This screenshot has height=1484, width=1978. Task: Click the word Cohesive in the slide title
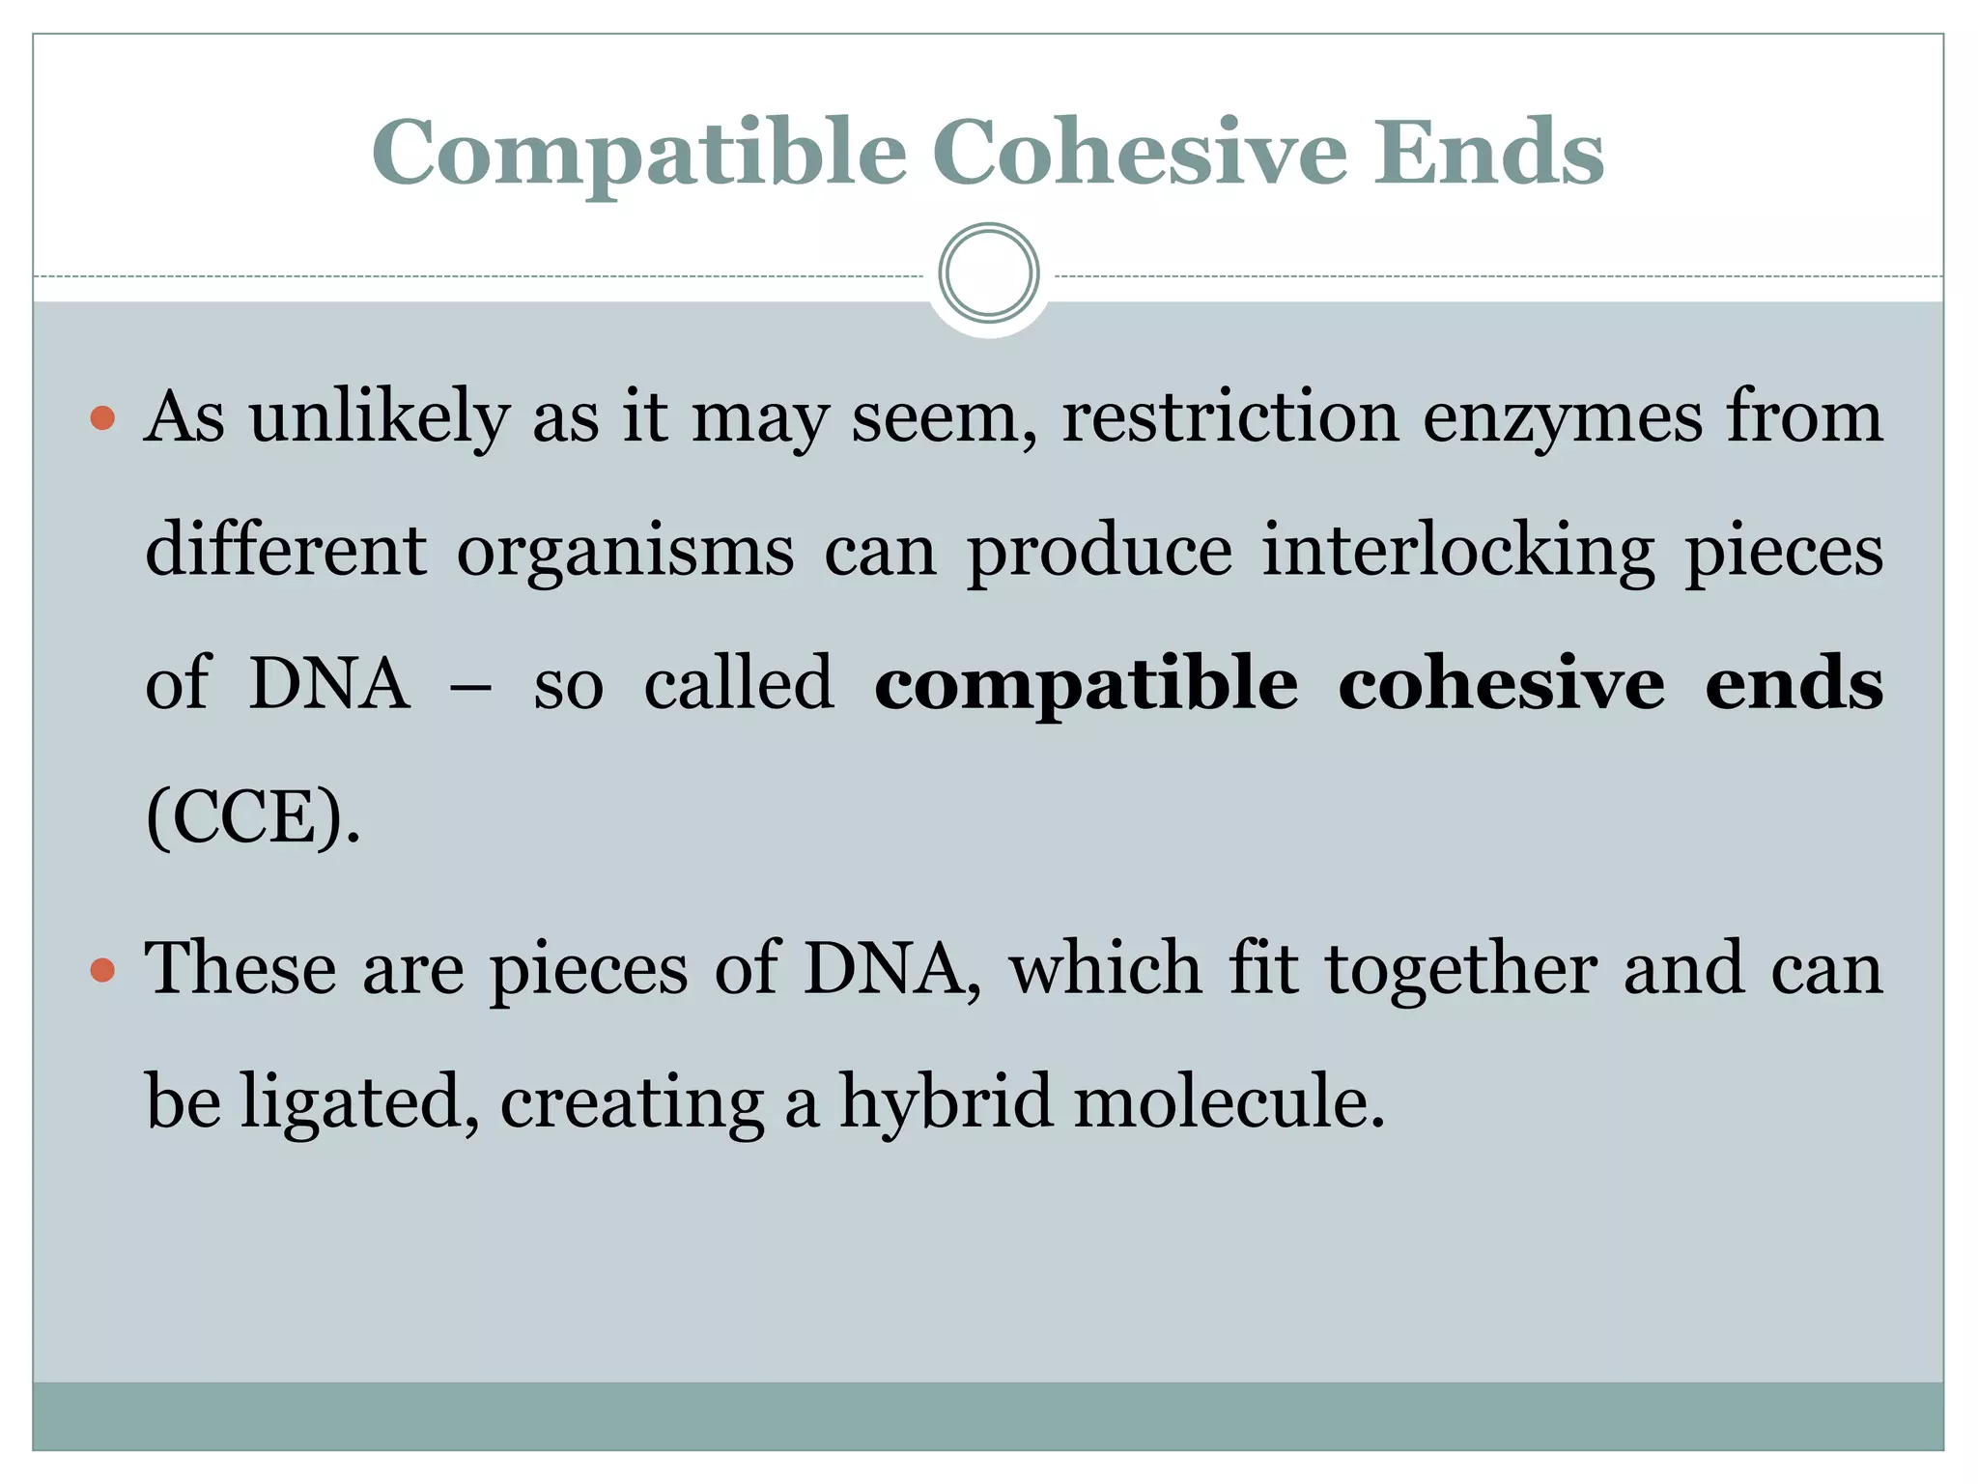pyautogui.click(x=1139, y=153)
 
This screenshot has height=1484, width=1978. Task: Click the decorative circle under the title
pyautogui.click(x=988, y=273)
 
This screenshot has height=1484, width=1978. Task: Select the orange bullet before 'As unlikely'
pyautogui.click(x=102, y=419)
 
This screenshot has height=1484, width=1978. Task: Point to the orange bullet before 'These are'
pyautogui.click(x=102, y=970)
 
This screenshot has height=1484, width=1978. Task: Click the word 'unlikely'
pyautogui.click(x=379, y=419)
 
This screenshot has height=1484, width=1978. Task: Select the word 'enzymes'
pyautogui.click(x=1563, y=419)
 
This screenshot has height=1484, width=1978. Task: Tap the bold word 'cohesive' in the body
pyautogui.click(x=1501, y=684)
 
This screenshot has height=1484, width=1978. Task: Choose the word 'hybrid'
pyautogui.click(x=946, y=1101)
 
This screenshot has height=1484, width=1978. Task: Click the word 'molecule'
pyautogui.click(x=1229, y=1101)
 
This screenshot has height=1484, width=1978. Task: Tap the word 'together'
pyautogui.click(x=1460, y=970)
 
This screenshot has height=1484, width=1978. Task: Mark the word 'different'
pyautogui.click(x=286, y=551)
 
